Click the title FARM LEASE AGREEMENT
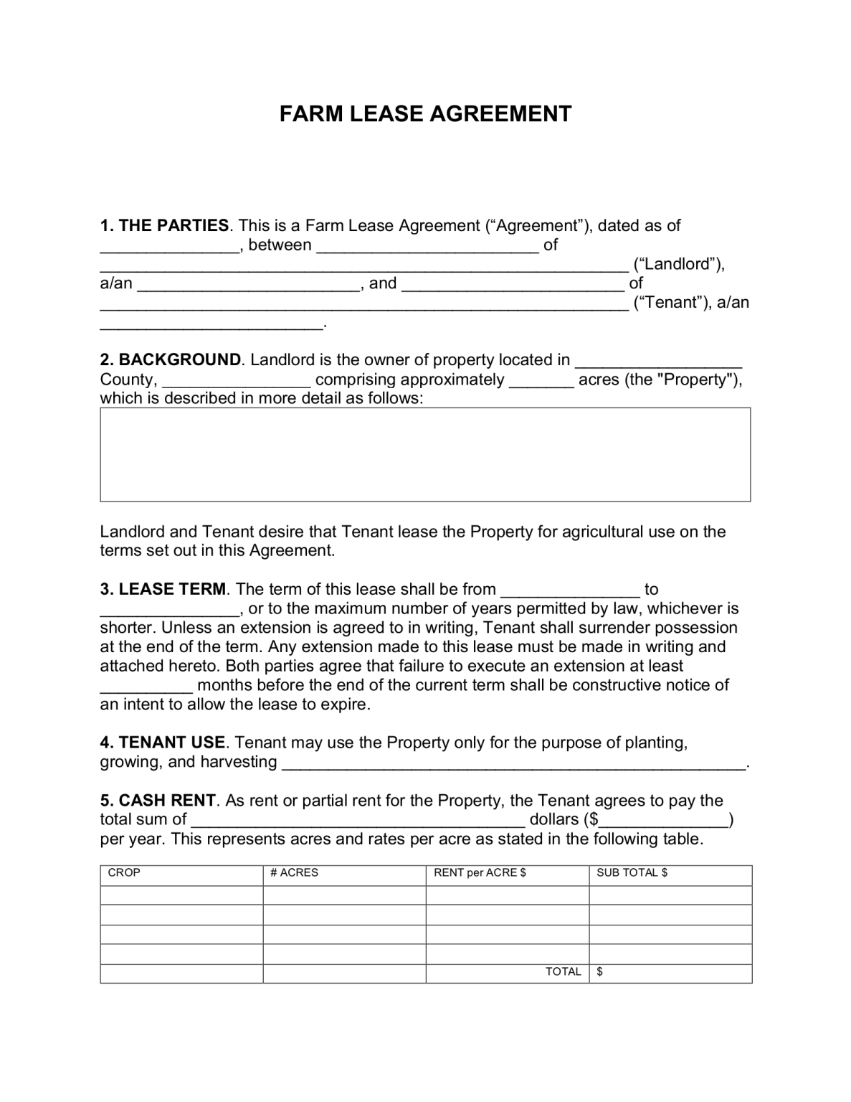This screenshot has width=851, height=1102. pyautogui.click(x=425, y=114)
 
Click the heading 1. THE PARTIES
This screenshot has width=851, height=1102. pyautogui.click(x=164, y=225)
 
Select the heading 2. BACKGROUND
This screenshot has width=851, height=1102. pyautogui.click(x=171, y=359)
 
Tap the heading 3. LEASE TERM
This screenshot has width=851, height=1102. pyautogui.click(x=163, y=589)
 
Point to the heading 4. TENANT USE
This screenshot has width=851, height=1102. pyautogui.click(x=163, y=743)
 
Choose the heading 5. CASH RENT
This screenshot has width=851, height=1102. pyautogui.click(x=158, y=800)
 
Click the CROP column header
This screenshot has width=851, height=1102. pyautogui.click(x=124, y=873)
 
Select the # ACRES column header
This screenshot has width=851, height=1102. pyautogui.click(x=294, y=873)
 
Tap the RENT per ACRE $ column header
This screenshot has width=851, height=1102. pyautogui.click(x=480, y=873)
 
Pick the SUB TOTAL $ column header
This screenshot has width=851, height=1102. pyautogui.click(x=632, y=873)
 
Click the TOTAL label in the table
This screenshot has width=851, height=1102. pyautogui.click(x=563, y=972)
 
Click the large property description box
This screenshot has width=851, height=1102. pyautogui.click(x=425, y=454)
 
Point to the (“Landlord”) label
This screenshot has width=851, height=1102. pyautogui.click(x=678, y=264)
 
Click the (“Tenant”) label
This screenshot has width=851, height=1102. pyautogui.click(x=670, y=303)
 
